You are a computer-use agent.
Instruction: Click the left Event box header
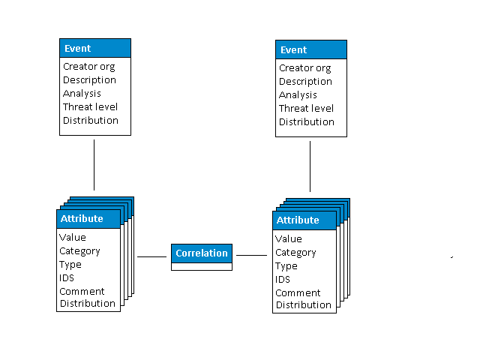95,48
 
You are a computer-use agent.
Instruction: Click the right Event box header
311,49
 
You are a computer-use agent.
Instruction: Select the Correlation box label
202,253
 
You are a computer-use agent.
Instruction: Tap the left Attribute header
88,218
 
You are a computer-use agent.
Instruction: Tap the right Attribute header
304,220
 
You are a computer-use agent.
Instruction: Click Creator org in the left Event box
88,66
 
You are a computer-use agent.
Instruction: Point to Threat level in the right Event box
306,108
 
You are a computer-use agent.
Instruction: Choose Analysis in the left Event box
82,93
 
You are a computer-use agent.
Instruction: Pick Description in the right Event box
305,81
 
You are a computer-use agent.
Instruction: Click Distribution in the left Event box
90,120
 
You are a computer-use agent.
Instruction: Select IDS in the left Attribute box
67,277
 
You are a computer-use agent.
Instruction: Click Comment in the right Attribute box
298,292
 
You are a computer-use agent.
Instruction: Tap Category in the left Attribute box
79,250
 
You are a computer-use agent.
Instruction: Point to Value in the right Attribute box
289,238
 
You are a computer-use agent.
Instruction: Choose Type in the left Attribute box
70,264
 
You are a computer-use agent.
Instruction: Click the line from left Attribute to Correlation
151,256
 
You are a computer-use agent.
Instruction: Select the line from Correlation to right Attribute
251,255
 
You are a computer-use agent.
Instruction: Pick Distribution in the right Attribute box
303,304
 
